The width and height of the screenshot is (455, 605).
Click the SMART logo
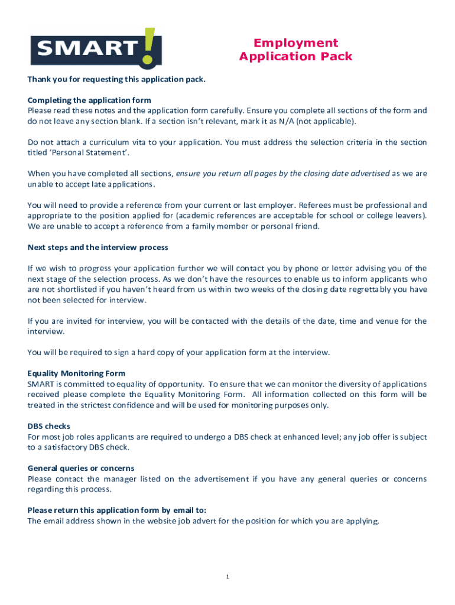(x=96, y=48)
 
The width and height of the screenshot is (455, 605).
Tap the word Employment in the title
(x=295, y=43)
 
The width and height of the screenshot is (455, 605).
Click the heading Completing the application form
(x=89, y=100)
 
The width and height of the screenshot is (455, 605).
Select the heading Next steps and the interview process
(x=98, y=247)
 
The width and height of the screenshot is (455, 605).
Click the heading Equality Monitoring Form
(x=76, y=373)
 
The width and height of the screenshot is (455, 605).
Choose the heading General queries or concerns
(x=81, y=469)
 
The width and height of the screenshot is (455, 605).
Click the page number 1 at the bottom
(x=227, y=577)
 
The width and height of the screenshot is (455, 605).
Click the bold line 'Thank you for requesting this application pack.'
(x=116, y=79)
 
